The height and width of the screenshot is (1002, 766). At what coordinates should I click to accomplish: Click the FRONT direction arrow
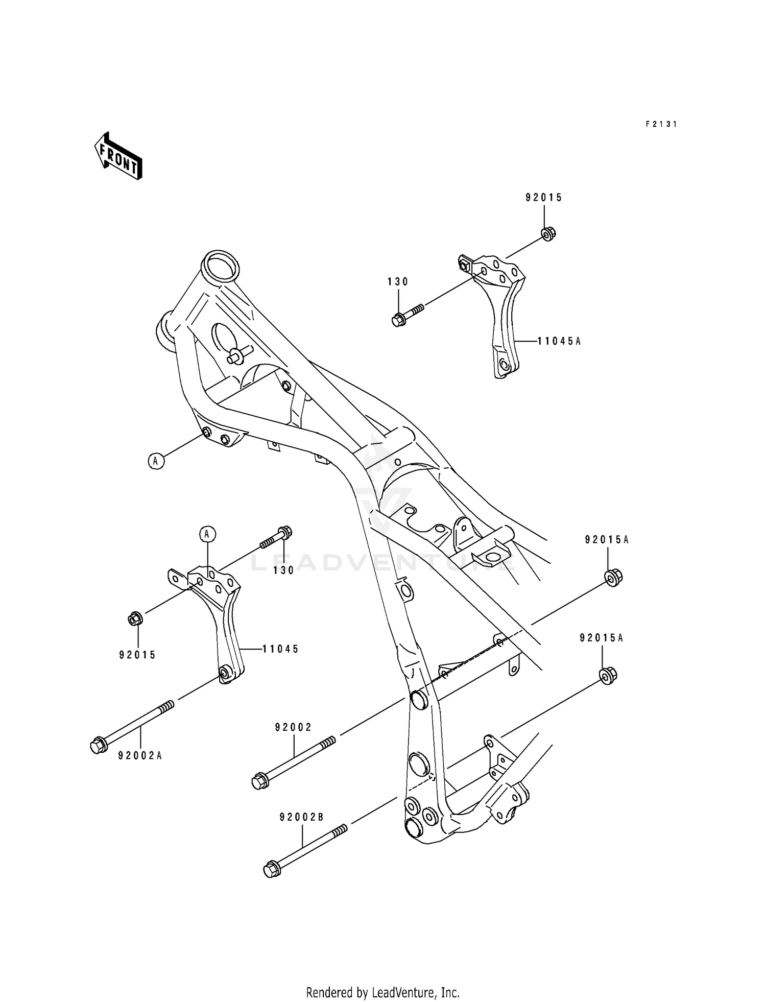click(117, 156)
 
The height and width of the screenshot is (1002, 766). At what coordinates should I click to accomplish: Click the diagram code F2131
click(661, 124)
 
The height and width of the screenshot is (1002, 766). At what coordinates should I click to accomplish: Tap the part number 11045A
click(559, 341)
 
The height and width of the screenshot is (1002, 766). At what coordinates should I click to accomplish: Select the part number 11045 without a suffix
click(280, 649)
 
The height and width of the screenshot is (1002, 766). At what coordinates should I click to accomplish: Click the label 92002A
click(140, 756)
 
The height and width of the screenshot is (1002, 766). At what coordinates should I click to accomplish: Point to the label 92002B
click(301, 817)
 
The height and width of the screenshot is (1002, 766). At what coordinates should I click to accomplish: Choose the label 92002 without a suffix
click(293, 727)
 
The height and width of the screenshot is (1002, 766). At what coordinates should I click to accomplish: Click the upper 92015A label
click(607, 540)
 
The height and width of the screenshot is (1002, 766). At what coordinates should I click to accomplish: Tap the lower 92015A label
click(601, 638)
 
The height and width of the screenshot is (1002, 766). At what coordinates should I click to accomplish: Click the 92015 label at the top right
click(544, 198)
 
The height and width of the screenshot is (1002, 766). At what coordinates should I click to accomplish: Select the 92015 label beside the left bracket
click(137, 655)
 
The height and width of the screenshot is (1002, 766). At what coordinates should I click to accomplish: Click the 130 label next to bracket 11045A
click(398, 281)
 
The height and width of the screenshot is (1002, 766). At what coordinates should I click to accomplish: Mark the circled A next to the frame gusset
click(156, 461)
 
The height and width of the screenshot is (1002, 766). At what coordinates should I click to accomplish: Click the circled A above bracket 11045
click(207, 534)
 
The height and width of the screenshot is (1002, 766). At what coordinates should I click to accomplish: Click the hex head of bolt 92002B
click(271, 869)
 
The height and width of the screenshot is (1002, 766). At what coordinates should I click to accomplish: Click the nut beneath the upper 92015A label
click(613, 578)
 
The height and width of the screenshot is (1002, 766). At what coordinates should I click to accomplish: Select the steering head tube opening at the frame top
click(221, 266)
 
